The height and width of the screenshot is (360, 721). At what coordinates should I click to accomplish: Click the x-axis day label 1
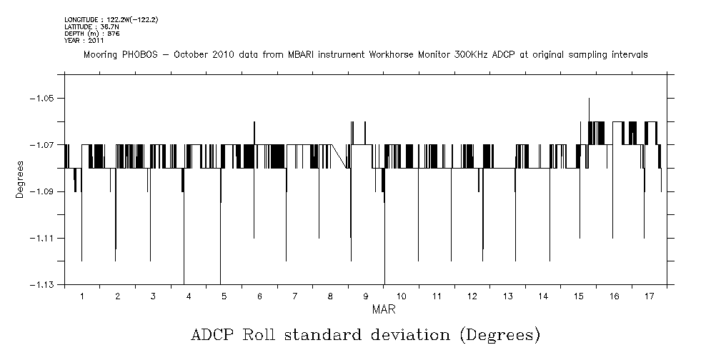pyautogui.click(x=82, y=296)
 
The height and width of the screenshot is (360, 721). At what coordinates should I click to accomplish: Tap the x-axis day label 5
pyautogui.click(x=224, y=296)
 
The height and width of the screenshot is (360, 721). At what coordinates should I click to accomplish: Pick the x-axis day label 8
pyautogui.click(x=330, y=296)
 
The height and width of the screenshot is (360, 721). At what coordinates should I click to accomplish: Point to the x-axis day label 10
pyautogui.click(x=401, y=296)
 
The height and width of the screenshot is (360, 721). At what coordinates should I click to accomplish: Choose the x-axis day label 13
pyautogui.click(x=507, y=296)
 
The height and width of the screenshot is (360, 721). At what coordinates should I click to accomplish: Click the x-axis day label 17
pyautogui.click(x=649, y=296)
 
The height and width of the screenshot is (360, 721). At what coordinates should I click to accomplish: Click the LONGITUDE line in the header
pyautogui.click(x=111, y=19)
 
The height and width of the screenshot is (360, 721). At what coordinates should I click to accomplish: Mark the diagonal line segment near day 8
pyautogui.click(x=339, y=156)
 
